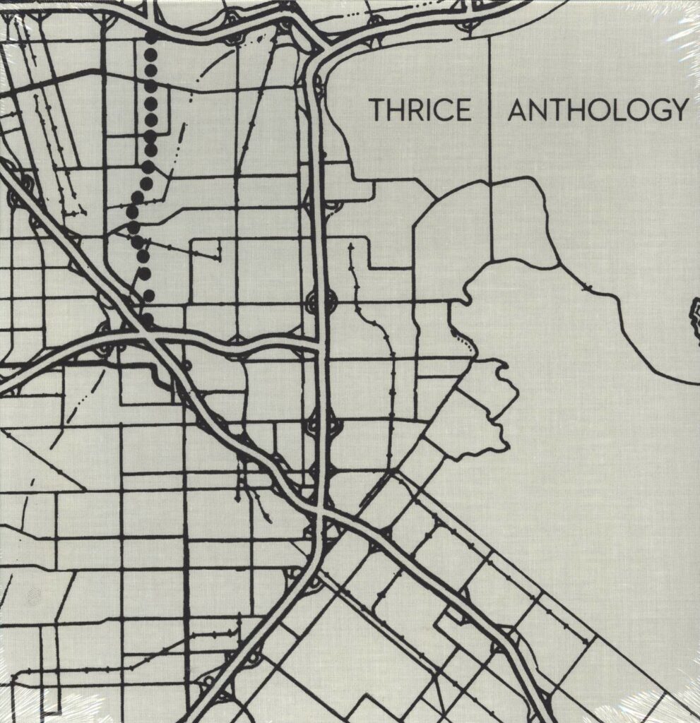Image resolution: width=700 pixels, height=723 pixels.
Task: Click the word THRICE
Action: coord(420,111)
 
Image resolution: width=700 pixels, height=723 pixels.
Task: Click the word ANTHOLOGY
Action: coord(598,111)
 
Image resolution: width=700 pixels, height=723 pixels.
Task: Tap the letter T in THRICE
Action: coord(377,111)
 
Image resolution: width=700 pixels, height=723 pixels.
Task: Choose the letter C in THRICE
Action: coord(443,111)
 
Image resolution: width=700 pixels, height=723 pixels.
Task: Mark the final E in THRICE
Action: coord(463,111)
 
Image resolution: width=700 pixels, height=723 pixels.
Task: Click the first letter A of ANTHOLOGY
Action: coord(517,111)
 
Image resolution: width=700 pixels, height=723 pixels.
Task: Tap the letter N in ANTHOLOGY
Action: coord(538,111)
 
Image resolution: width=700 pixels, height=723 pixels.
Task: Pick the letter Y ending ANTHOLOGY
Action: coord(679,111)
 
